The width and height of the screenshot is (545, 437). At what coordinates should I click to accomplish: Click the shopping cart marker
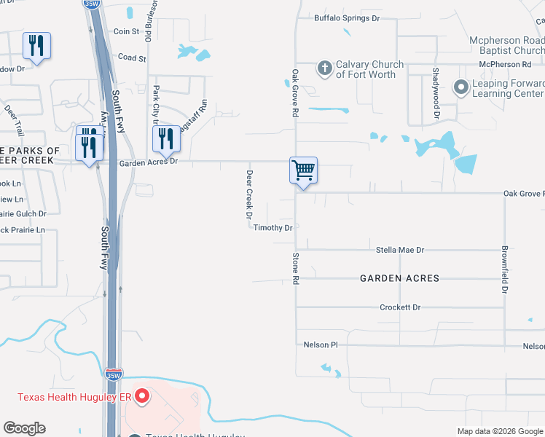coord(303,171)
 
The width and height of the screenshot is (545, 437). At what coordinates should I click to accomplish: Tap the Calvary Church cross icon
coord(325,69)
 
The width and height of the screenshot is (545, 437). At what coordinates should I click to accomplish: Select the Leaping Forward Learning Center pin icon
coord(460,88)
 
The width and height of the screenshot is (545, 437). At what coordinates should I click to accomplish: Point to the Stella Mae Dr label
coord(399,250)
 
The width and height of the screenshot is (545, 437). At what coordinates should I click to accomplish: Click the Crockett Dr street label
coord(400,307)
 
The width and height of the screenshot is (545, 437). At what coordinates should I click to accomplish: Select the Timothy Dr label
coord(272,228)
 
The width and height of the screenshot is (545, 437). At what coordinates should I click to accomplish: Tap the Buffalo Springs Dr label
coord(346,18)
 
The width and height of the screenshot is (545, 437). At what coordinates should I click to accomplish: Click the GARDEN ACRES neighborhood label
coord(400,278)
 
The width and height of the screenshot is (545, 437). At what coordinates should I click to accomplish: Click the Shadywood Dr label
coord(436,93)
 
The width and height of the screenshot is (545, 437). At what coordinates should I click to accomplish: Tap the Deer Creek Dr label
coord(248,194)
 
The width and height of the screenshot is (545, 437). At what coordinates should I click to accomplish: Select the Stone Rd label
coord(296,268)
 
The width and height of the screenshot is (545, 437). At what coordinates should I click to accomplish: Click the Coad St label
coord(132,58)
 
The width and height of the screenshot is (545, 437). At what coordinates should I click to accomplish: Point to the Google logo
coord(25,428)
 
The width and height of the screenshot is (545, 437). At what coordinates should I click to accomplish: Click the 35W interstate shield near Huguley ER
coord(113,374)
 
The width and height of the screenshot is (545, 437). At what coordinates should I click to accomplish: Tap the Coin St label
coord(126,31)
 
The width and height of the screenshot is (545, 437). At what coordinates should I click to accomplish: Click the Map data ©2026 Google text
coord(499,431)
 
